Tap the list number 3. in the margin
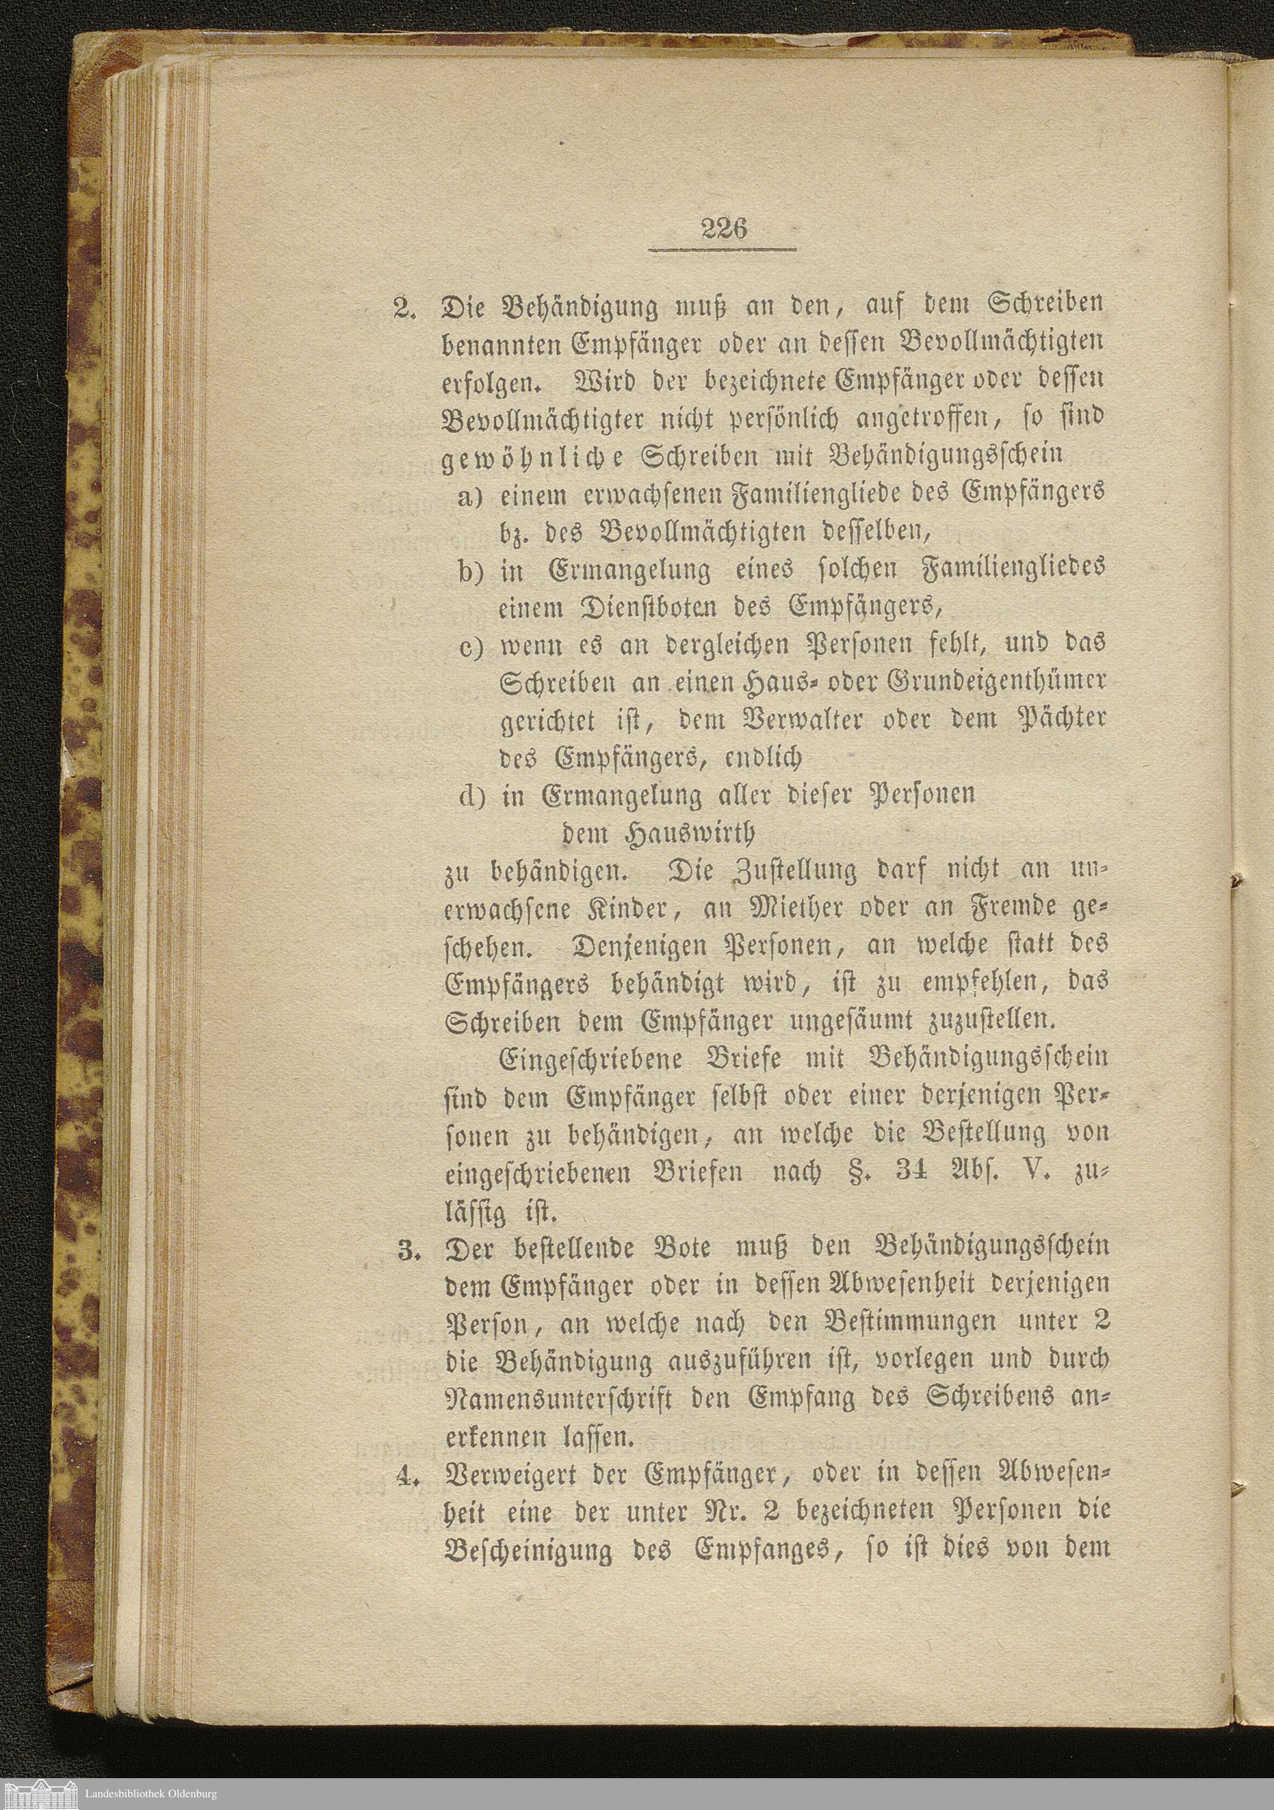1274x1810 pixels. tap(407, 1250)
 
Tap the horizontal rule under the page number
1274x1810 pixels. tap(723, 252)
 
